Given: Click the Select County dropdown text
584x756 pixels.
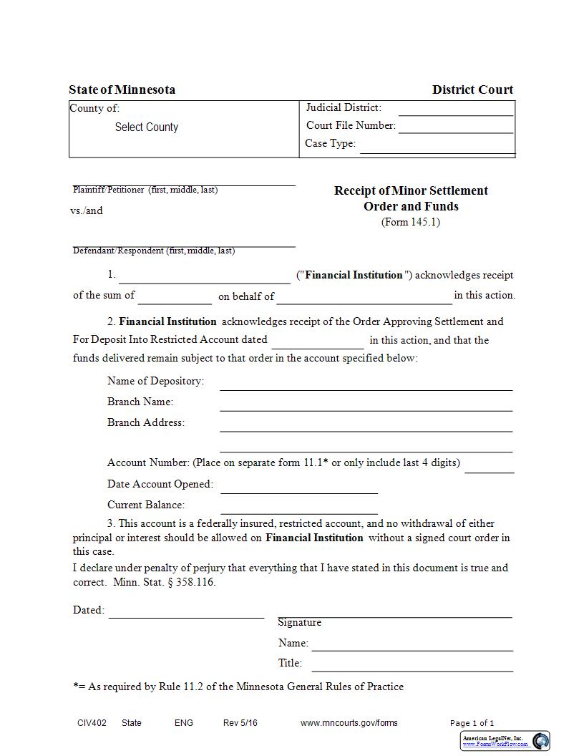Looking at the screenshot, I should (146, 127).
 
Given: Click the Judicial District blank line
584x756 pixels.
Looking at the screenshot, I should (455, 110).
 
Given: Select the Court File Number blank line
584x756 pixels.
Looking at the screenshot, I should (455, 128).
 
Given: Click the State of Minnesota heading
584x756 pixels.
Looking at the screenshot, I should (122, 90).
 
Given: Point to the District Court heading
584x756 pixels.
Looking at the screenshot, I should (472, 90).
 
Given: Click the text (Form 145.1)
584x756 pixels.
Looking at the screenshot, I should (410, 222).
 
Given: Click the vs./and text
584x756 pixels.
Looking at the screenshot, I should (87, 210).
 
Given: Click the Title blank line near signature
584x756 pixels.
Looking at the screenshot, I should (412, 667).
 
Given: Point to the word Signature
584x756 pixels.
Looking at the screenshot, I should (299, 622).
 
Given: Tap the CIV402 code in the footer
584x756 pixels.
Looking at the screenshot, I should (92, 723).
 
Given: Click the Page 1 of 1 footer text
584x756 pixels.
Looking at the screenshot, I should (472, 723).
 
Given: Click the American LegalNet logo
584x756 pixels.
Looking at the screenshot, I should (505, 740).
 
